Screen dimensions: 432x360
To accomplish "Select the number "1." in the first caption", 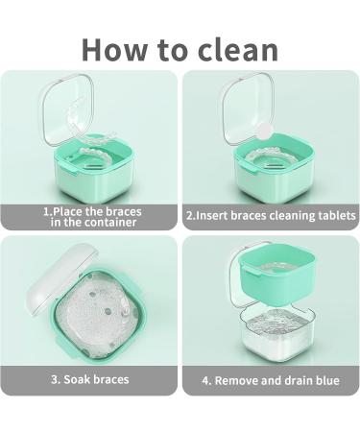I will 47,210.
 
